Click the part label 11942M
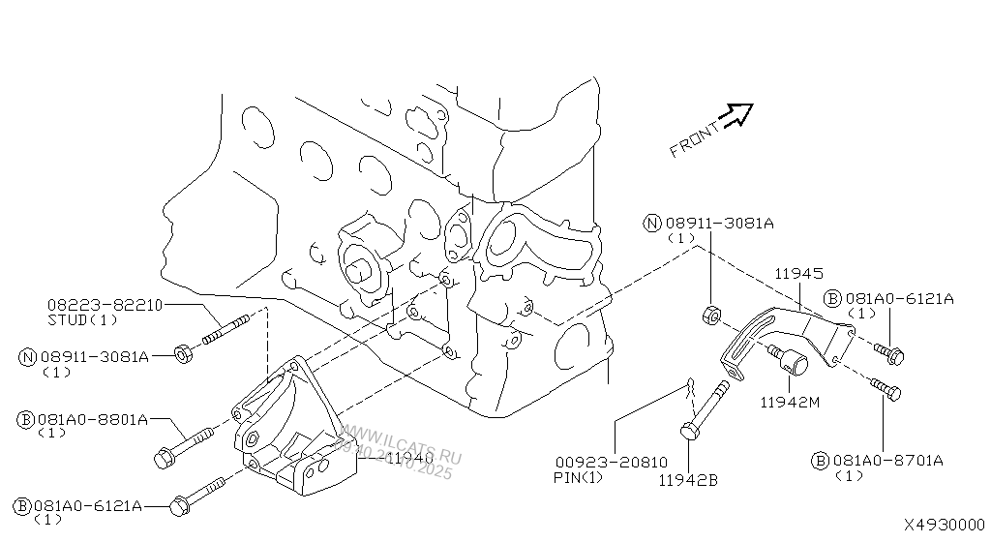(790, 401)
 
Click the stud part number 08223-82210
(105, 304)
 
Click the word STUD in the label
(68, 318)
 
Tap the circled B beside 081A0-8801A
(26, 419)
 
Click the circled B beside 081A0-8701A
(821, 461)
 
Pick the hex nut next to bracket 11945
(708, 316)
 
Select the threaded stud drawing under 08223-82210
(228, 326)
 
